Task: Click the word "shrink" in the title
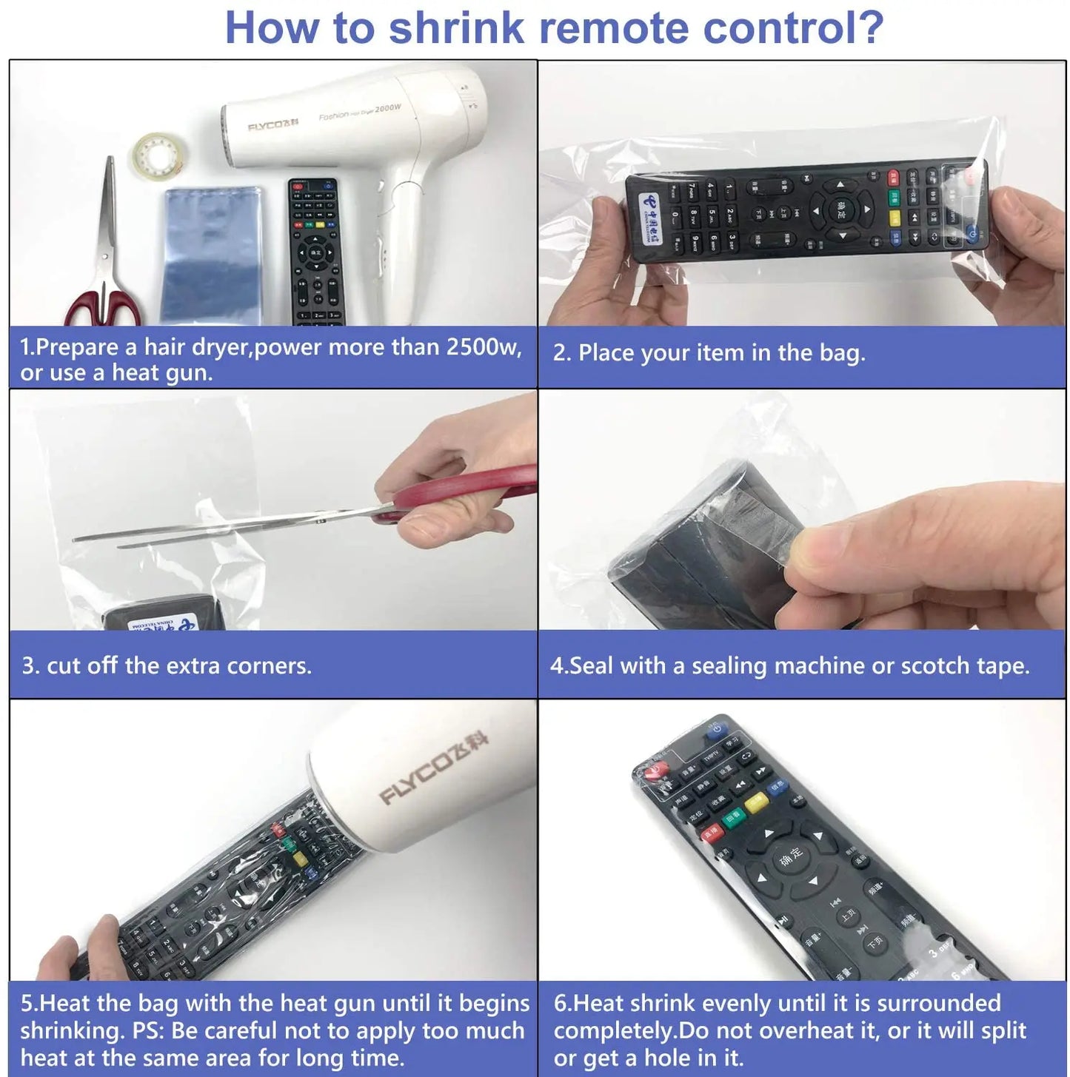click(x=457, y=27)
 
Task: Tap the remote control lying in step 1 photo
click(x=315, y=252)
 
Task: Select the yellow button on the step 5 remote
click(x=300, y=859)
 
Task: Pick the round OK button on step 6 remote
click(x=790, y=857)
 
